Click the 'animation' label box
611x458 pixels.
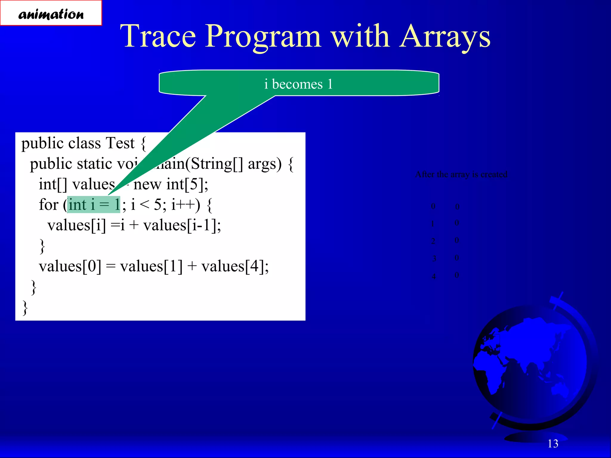coord(51,13)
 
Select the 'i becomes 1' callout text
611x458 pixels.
coord(298,84)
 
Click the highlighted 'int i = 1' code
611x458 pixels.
coord(94,205)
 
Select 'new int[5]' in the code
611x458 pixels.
coord(170,184)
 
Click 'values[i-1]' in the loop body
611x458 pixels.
coord(182,225)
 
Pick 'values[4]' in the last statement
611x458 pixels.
coord(235,266)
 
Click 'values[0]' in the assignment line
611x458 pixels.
coord(70,266)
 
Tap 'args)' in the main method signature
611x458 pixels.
coord(265,164)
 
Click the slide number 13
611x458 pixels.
coord(553,444)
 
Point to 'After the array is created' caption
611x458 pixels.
coord(461,174)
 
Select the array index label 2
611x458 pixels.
coord(433,241)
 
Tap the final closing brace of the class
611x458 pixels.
coord(25,308)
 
